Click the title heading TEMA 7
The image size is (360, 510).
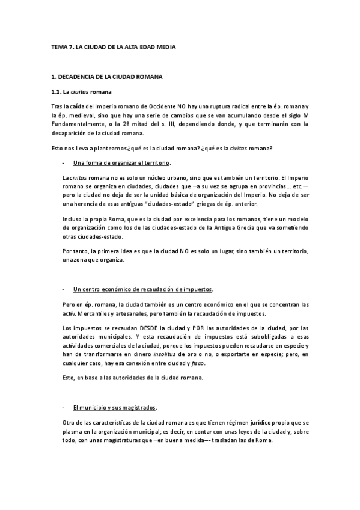[x=114, y=46]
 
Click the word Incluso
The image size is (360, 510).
[x=72, y=220]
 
